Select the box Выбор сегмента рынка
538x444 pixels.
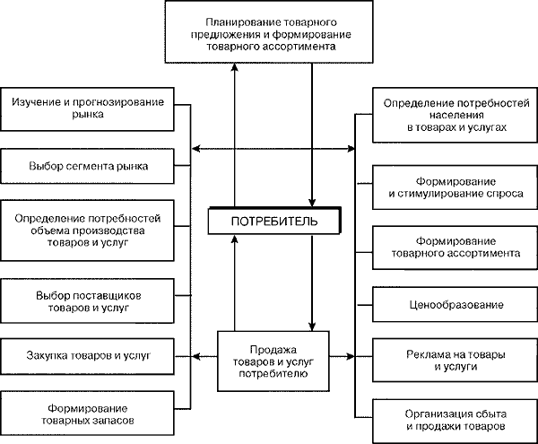click(87, 166)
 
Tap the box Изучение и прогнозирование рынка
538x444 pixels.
click(87, 109)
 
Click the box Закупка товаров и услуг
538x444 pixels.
click(87, 355)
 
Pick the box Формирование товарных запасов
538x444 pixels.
click(87, 412)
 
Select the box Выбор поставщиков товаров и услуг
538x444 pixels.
click(87, 300)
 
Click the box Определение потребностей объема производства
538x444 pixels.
click(87, 230)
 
